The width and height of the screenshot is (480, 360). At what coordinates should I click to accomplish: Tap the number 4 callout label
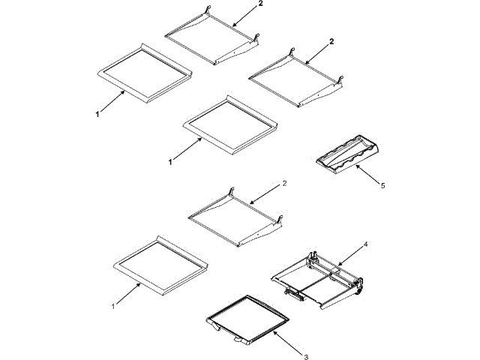(365, 244)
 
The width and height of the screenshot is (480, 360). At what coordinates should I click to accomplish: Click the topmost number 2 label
(262, 4)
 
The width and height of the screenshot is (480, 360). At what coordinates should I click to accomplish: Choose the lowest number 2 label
(283, 183)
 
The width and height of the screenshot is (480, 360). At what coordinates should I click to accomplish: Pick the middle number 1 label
(170, 161)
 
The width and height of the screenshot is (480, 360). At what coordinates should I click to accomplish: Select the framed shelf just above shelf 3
(159, 263)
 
